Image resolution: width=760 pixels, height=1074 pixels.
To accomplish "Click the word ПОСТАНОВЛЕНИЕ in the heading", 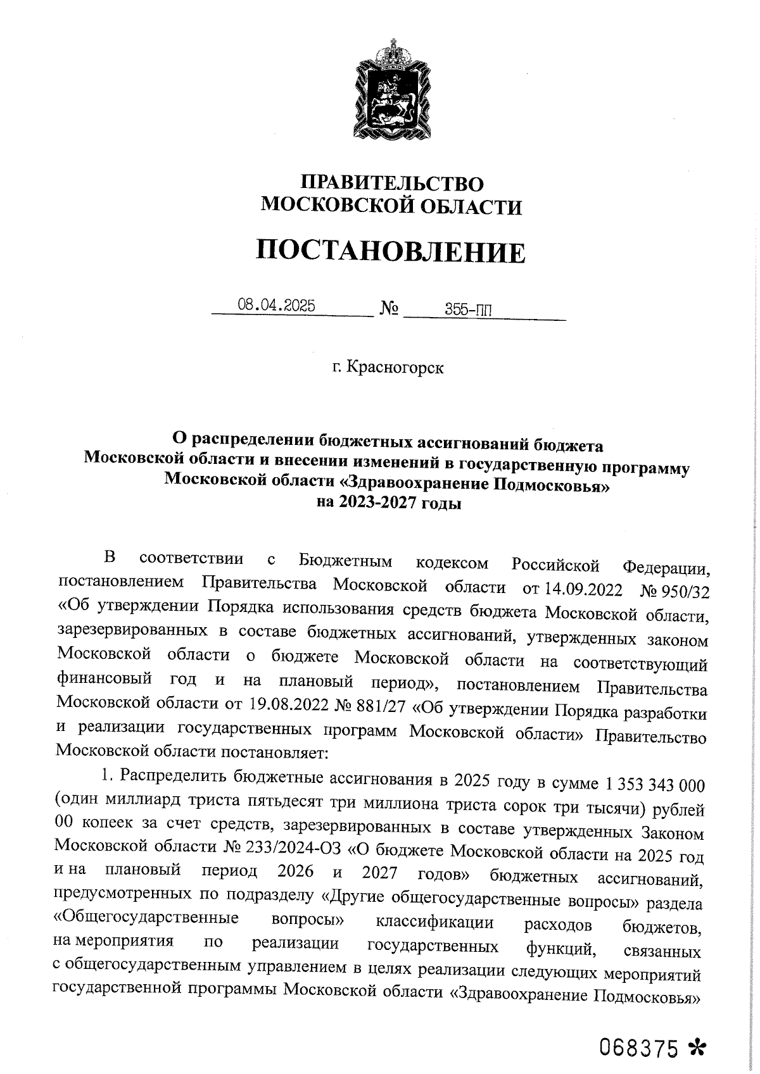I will pyautogui.click(x=391, y=252).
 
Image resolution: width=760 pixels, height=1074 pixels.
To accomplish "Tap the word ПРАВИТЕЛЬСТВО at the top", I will pyautogui.click(x=391, y=184).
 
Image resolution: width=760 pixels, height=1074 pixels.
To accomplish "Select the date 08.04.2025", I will pyautogui.click(x=276, y=306).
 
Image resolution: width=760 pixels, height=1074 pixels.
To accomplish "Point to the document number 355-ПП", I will pyautogui.click(x=468, y=309).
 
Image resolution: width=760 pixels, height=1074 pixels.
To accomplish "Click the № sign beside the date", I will pyautogui.click(x=389, y=309).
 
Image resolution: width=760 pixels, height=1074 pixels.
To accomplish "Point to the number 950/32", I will pyautogui.click(x=686, y=590).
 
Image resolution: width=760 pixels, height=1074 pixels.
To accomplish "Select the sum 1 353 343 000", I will pyautogui.click(x=655, y=785).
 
